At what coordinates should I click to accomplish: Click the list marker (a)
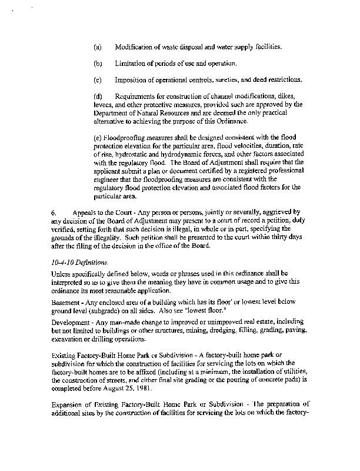click(98, 46)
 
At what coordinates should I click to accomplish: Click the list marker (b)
click(98, 63)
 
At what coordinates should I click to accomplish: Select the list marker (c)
click(98, 79)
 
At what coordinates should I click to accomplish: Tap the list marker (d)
click(98, 96)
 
